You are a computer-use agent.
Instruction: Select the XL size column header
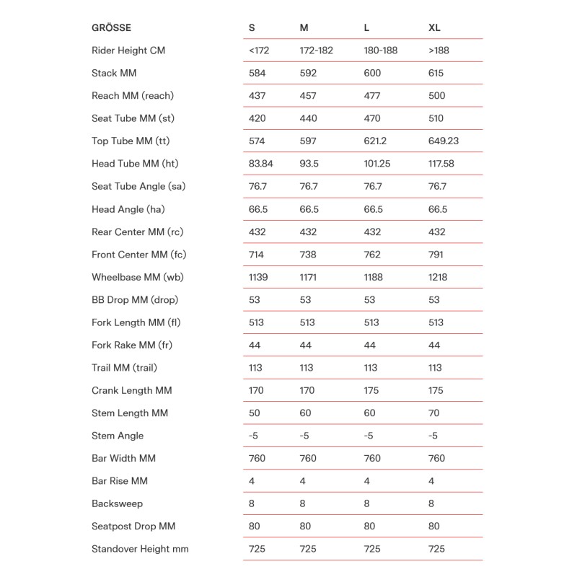pos(434,28)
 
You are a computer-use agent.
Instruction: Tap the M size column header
pos(304,28)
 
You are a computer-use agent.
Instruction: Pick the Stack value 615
pos(436,73)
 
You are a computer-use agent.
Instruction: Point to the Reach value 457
pos(308,96)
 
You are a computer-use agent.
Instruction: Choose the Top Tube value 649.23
pos(443,141)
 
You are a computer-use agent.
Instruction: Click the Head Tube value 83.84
pos(261,164)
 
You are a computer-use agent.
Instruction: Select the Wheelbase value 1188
pos(374,277)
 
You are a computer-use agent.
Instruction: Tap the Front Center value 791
pos(436,255)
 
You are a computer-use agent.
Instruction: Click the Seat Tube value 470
pos(372,118)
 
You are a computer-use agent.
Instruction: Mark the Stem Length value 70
pos(433,413)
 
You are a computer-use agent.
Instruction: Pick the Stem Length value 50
pos(255,413)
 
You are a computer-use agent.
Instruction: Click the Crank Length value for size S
pos(256,390)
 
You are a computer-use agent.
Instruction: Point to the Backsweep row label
pos(117,503)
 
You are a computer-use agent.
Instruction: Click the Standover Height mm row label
pos(140,549)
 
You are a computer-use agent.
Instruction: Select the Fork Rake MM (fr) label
pos(132,345)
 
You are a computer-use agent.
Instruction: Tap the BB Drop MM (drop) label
pos(135,300)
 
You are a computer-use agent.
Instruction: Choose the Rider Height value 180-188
pos(381,50)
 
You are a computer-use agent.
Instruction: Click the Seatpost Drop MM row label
pos(133,527)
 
